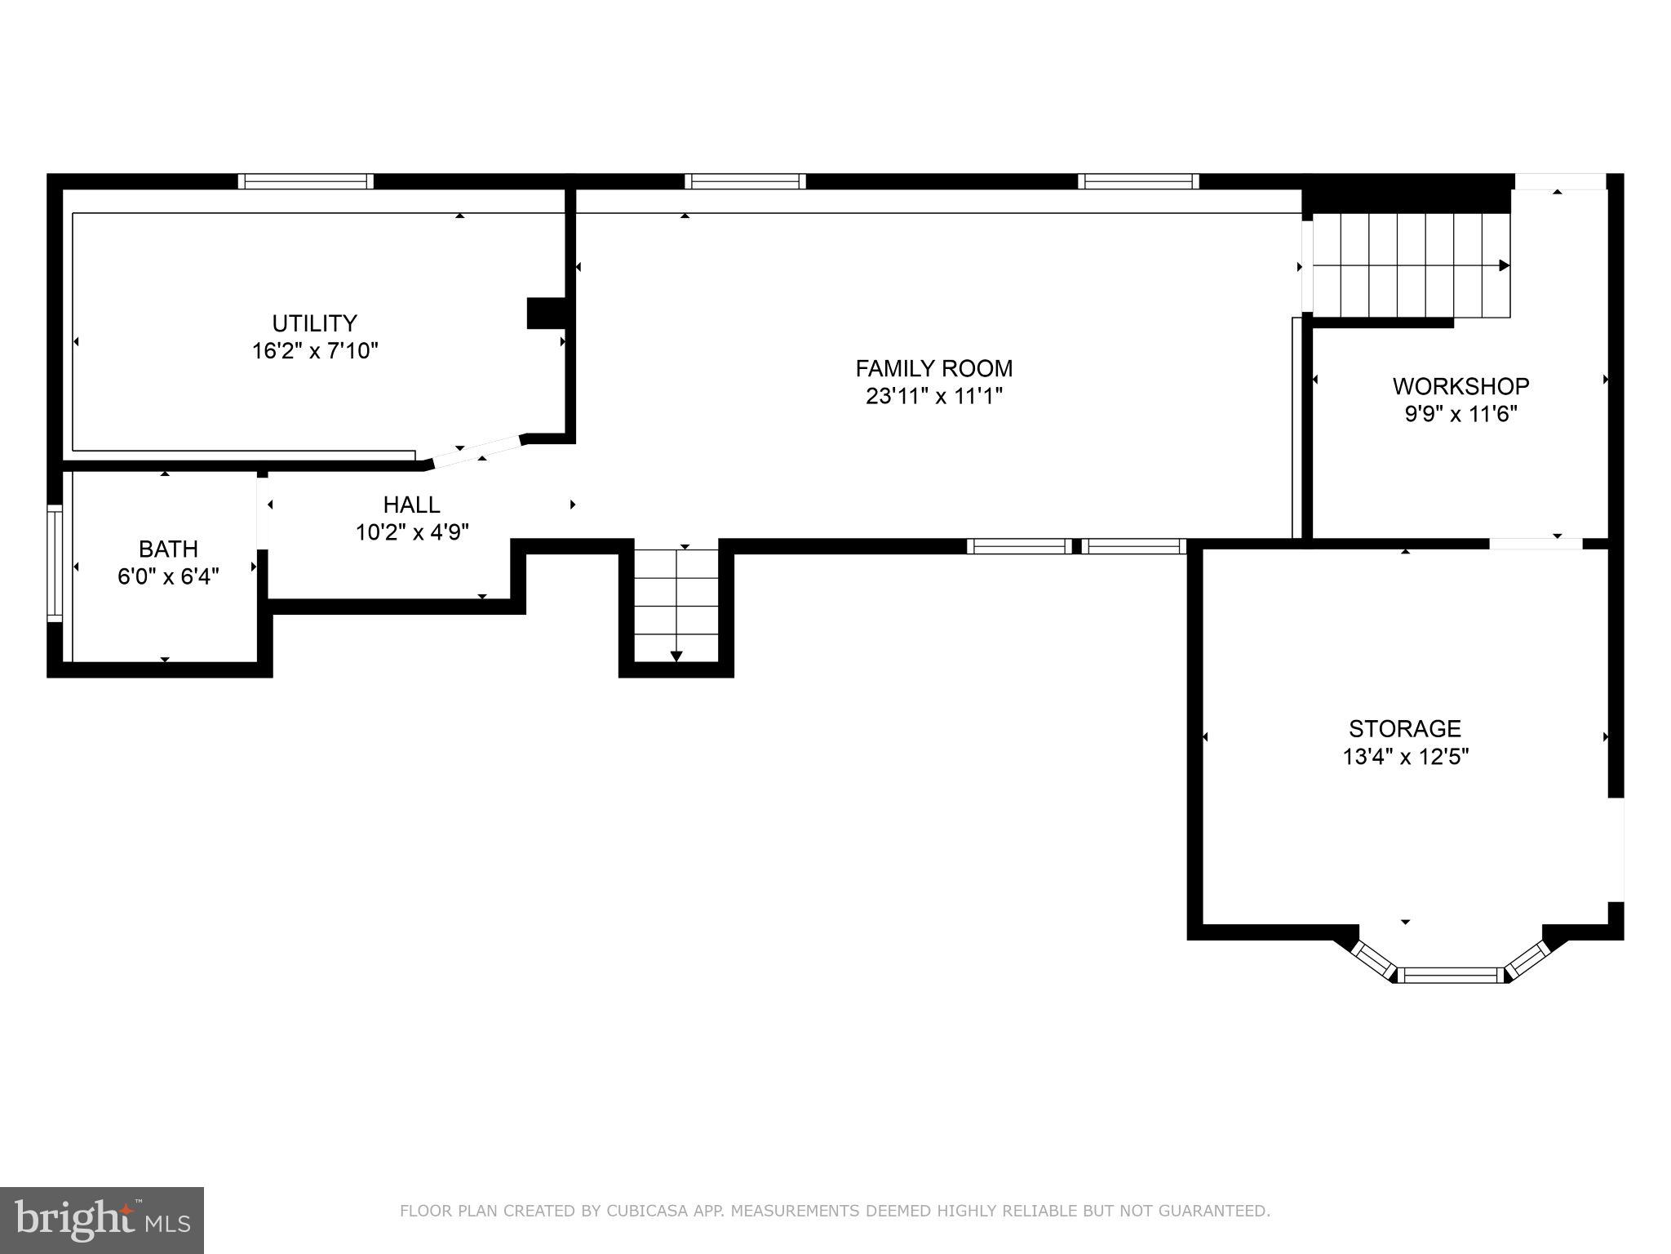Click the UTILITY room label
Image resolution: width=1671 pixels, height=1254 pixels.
pos(314,323)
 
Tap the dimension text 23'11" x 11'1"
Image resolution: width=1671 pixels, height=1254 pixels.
pos(933,397)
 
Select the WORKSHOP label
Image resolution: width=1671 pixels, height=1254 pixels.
pos(1460,386)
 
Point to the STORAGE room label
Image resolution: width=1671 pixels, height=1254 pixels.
pos(1404,728)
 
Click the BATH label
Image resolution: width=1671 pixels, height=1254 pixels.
pos(168,549)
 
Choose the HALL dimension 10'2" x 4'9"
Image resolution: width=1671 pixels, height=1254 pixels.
pos(412,532)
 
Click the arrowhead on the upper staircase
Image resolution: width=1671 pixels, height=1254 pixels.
pos(1504,265)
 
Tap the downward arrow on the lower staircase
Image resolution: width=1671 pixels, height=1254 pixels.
pos(676,656)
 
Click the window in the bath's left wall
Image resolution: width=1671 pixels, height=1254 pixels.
pos(55,563)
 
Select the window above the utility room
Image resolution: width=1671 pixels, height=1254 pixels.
pos(306,181)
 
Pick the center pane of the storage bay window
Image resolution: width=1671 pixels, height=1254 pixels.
pos(1450,974)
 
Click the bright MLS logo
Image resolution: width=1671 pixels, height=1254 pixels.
pos(101,1221)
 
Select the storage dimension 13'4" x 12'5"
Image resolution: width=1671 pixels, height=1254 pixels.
pos(1405,757)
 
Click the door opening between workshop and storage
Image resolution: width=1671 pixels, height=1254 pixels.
pos(1536,544)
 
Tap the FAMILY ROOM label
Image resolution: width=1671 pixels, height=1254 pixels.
pos(933,369)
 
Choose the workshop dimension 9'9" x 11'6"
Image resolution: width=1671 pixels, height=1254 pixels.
pos(1460,414)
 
